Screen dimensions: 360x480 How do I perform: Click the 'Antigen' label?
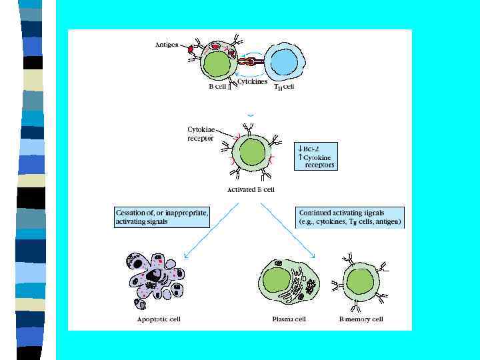[x=167, y=44]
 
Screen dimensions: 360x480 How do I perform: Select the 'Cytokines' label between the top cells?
[x=253, y=82]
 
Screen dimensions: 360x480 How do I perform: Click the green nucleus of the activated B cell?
[x=253, y=151]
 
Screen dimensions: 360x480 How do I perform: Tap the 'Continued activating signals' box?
[x=351, y=217]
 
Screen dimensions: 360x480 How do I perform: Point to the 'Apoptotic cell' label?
[x=159, y=319]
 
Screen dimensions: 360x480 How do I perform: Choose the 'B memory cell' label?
[x=361, y=319]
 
